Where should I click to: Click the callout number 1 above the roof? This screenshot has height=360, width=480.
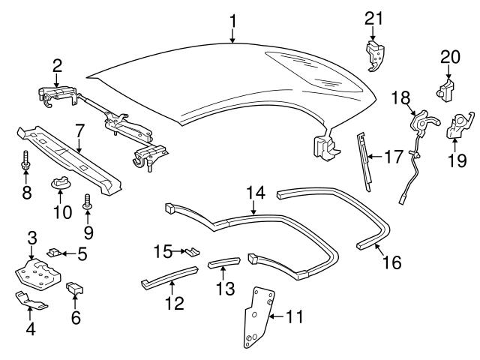[x=233, y=21]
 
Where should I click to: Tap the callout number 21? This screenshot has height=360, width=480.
[x=373, y=18]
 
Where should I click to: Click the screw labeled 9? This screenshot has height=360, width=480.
[x=88, y=202]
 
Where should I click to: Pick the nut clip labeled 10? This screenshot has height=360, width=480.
[x=60, y=183]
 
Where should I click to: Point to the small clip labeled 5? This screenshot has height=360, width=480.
[x=53, y=253]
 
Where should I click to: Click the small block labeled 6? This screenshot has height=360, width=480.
[x=75, y=288]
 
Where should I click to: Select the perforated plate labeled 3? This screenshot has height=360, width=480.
[x=38, y=274]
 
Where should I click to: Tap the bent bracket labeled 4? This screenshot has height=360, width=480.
[x=31, y=301]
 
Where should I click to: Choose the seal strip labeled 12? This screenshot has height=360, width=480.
[x=169, y=276]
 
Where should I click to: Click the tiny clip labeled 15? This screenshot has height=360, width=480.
[x=193, y=251]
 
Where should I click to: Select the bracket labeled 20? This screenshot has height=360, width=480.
[x=445, y=88]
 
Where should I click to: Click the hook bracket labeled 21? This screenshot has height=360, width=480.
[x=375, y=55]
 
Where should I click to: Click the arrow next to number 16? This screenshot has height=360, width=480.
[x=380, y=249]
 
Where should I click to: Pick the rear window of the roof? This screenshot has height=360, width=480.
[x=313, y=71]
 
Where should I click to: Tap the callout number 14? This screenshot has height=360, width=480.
[x=256, y=193]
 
